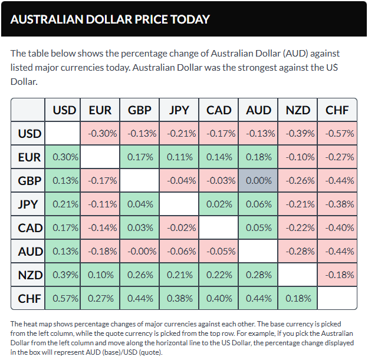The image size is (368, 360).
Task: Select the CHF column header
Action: coord(337,110)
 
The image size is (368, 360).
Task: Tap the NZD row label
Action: coord(29,275)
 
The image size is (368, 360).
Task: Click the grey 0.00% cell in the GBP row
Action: coord(259,181)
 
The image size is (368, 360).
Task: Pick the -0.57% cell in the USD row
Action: coord(337,134)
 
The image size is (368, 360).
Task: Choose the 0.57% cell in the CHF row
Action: coord(64,299)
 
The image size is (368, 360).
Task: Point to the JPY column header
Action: coord(179,110)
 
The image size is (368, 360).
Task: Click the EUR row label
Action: coord(29,157)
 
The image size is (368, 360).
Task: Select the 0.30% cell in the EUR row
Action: coord(64,157)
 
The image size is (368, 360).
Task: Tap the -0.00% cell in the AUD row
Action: coord(140,252)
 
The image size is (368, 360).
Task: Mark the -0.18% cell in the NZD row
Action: coord(337,275)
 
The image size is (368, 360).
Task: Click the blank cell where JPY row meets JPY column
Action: coord(179,204)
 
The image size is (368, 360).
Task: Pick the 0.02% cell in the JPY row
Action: coord(219,204)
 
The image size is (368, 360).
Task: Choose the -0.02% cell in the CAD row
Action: coord(179,228)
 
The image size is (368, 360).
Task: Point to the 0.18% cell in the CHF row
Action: coord(298,299)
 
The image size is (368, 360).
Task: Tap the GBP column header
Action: coord(140,110)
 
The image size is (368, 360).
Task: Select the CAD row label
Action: coord(29,228)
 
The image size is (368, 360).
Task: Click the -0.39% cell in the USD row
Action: coord(298,134)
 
